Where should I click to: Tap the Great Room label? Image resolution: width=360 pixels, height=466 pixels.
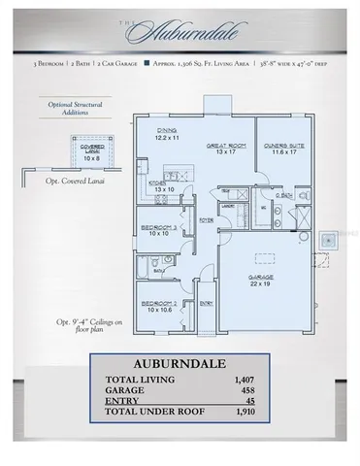224,149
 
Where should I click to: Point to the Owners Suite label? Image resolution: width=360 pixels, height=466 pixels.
283,149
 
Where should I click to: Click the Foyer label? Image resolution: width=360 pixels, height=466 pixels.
206,219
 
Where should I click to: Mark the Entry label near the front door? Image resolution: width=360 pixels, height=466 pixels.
206,304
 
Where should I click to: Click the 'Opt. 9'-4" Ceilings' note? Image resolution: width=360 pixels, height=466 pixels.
86,330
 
